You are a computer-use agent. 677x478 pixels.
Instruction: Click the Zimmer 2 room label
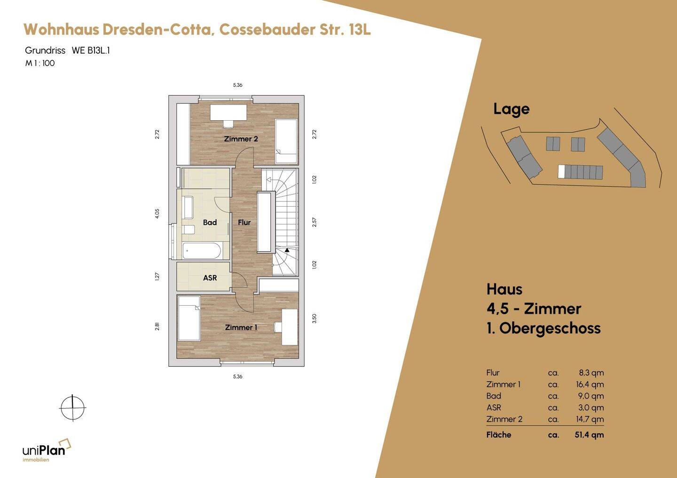[241, 139]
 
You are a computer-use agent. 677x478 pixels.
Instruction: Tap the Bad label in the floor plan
[210, 223]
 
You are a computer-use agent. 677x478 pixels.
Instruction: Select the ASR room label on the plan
[210, 278]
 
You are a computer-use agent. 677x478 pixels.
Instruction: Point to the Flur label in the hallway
[244, 223]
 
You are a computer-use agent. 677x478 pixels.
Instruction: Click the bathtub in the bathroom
[202, 251]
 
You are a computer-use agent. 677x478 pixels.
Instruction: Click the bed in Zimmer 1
[189, 318]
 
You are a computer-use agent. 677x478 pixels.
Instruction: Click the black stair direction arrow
[287, 250]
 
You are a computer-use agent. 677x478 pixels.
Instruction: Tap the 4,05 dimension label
[157, 213]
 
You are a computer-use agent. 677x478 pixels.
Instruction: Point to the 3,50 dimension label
[315, 319]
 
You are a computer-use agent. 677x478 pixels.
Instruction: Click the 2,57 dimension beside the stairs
[315, 223]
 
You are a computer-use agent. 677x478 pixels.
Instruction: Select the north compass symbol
[72, 408]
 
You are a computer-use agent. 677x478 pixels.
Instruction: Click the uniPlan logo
[47, 450]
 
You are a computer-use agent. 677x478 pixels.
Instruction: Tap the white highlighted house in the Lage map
[561, 171]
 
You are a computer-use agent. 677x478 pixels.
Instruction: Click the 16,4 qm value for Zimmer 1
[590, 385]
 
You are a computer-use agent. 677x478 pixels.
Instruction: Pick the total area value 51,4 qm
[589, 435]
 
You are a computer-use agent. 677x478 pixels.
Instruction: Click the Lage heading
[512, 109]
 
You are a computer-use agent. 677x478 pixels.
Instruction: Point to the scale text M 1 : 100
[40, 63]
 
